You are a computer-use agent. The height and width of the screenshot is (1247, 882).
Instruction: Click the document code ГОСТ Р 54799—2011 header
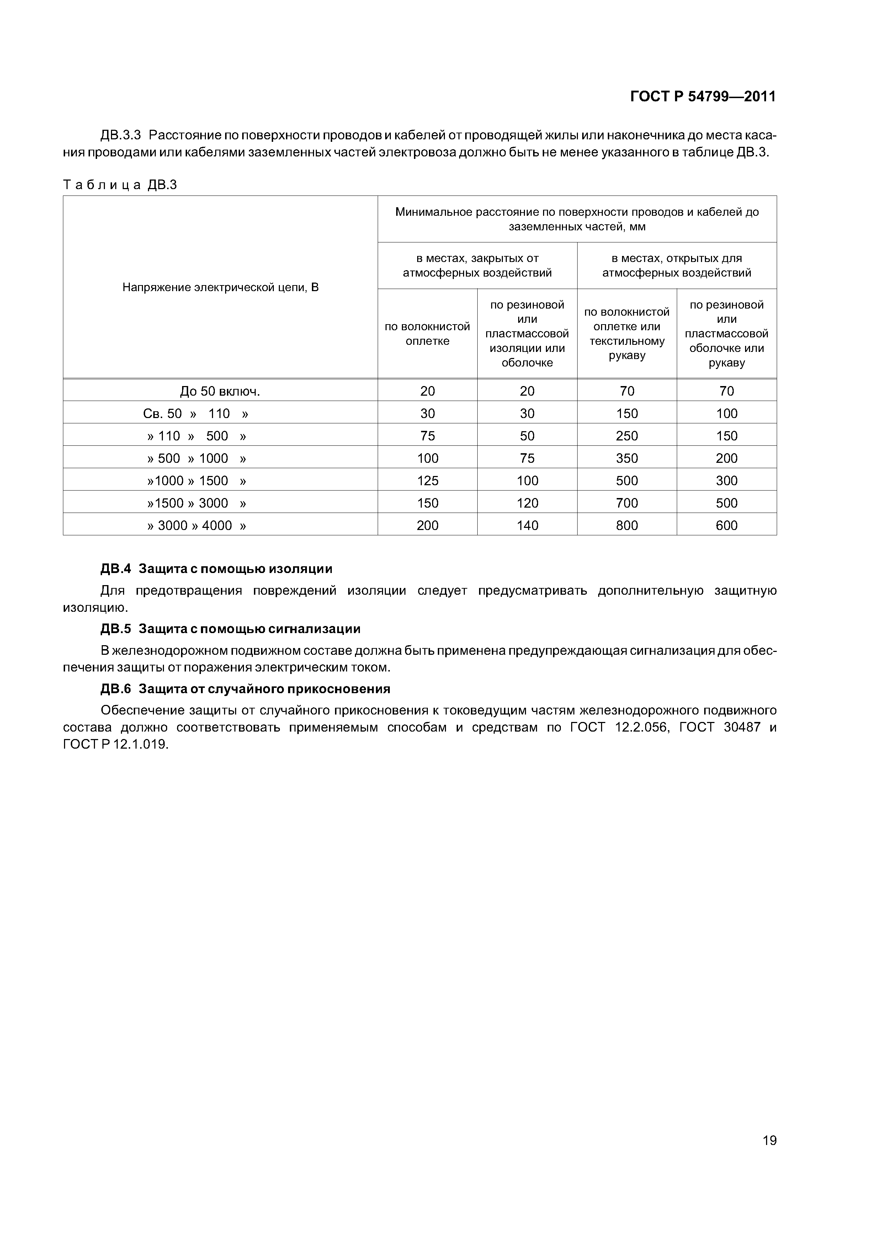coord(703,97)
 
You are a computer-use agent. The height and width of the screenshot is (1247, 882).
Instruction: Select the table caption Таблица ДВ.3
coord(120,185)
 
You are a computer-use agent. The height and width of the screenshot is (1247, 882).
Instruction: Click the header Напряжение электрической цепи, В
coord(220,287)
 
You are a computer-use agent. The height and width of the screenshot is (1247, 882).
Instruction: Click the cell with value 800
coord(627,525)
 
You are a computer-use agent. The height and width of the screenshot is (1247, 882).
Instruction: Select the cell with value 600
coord(727,525)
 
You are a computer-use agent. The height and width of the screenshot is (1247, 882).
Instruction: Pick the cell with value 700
coord(627,503)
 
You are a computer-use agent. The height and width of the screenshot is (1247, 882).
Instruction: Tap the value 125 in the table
coord(428,481)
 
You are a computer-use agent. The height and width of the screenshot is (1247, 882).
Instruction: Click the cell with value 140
coord(527,525)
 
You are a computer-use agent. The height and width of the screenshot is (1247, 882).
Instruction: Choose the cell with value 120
coord(527,503)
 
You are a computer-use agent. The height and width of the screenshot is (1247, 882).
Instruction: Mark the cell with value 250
coord(627,436)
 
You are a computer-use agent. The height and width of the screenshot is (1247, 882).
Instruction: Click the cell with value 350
coord(627,459)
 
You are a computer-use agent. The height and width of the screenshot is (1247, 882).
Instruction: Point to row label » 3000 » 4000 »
coord(197,525)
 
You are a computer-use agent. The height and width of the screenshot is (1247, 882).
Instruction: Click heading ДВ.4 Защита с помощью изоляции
coord(216,569)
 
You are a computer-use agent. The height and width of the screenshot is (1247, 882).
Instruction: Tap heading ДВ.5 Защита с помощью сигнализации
coord(230,629)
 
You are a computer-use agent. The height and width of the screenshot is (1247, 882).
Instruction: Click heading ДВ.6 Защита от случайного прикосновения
coord(246,689)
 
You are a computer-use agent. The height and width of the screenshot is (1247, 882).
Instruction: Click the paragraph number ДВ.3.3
coord(121,135)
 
